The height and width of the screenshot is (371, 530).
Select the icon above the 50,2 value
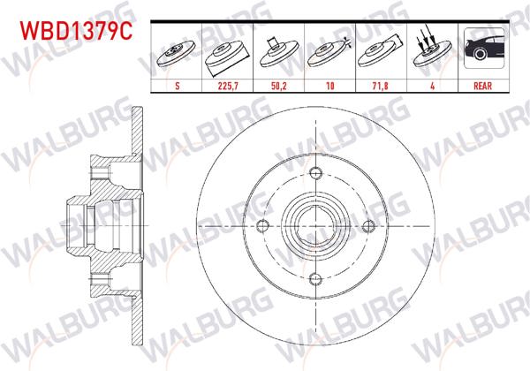pyautogui.click(x=279, y=53)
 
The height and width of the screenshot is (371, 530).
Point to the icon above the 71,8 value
pyautogui.click(x=380, y=53)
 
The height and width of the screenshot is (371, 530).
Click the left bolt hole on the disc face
pyautogui.click(x=262, y=226)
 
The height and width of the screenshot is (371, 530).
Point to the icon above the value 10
pyautogui.click(x=329, y=53)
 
